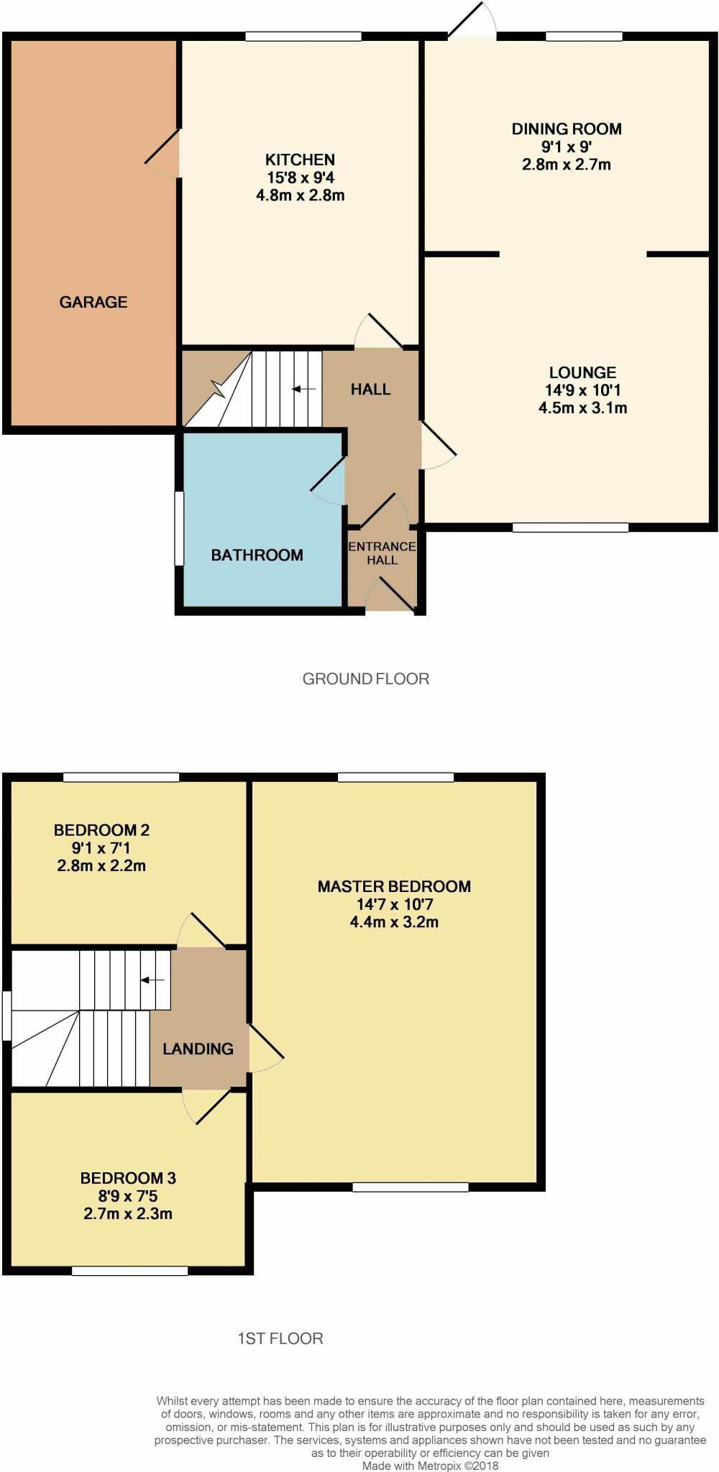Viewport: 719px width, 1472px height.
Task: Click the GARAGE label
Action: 93,302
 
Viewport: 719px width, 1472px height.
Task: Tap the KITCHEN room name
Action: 300,160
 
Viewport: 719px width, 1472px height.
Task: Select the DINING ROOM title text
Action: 567,129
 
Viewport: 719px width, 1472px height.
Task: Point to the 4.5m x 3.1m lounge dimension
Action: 582,408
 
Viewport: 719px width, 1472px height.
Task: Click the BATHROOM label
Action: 257,555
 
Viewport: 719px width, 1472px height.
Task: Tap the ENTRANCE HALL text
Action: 382,553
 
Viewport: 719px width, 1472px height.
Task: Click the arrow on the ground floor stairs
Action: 303,389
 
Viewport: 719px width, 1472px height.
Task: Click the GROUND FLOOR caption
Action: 365,678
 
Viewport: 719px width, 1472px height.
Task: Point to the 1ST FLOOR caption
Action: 280,1338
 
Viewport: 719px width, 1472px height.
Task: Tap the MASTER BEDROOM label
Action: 394,886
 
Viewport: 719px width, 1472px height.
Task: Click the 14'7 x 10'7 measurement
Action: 394,904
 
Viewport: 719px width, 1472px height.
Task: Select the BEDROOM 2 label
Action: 101,830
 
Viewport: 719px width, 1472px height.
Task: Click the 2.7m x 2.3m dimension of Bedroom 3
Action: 127,1214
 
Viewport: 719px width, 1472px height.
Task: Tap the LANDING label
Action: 198,1049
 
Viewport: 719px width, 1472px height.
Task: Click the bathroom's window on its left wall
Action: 179,528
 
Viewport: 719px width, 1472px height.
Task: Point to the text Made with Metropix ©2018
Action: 430,1466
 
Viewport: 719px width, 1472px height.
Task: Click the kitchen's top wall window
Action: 303,36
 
